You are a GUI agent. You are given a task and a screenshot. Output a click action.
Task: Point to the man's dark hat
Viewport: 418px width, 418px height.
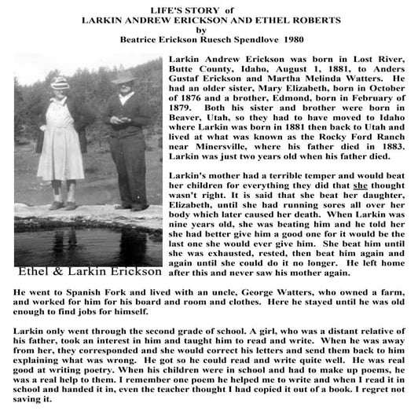click(123, 77)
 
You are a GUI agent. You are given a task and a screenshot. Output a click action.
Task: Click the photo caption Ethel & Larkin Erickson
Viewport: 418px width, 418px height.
click(86, 273)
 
